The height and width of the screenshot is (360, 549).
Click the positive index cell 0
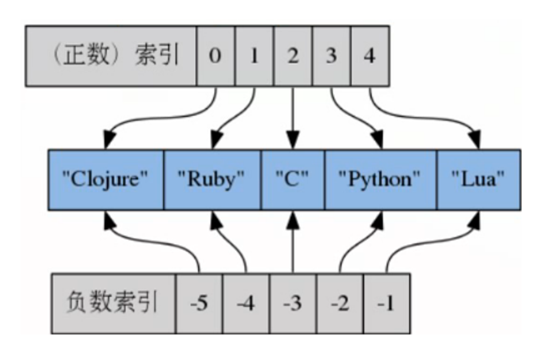tap(216, 56)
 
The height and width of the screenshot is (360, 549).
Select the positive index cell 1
tap(254, 56)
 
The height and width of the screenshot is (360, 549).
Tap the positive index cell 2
tap(293, 56)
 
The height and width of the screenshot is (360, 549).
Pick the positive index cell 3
tap(331, 56)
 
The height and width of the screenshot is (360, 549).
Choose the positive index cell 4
tap(369, 56)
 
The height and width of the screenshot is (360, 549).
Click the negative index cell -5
tap(199, 303)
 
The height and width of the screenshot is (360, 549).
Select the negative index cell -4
tap(246, 303)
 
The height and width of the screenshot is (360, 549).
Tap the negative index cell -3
tap(293, 303)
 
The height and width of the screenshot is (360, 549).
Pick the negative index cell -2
tap(340, 303)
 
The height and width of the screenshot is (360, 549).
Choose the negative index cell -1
tap(386, 303)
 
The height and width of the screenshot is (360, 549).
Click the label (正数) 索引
tap(111, 56)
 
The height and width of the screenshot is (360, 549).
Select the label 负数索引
tap(114, 303)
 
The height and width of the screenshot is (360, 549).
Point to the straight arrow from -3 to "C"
tap(293, 245)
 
